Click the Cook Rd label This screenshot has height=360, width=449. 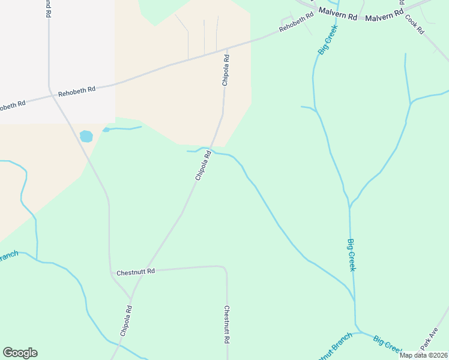415,23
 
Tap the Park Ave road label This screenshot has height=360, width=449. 430,339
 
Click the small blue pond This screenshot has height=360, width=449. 86,136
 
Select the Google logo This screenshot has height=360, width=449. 20,353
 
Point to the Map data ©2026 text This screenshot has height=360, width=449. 423,355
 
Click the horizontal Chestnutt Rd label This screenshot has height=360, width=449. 136,271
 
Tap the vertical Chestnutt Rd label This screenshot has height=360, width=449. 228,324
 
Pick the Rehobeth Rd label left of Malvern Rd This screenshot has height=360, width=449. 297,23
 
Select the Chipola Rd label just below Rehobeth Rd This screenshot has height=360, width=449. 226,70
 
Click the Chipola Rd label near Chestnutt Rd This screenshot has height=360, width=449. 125,320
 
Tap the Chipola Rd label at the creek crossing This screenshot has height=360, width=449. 203,166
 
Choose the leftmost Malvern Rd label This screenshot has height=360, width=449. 338,11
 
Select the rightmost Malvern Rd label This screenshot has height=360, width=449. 384,16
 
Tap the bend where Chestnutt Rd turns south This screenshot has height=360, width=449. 224,268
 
